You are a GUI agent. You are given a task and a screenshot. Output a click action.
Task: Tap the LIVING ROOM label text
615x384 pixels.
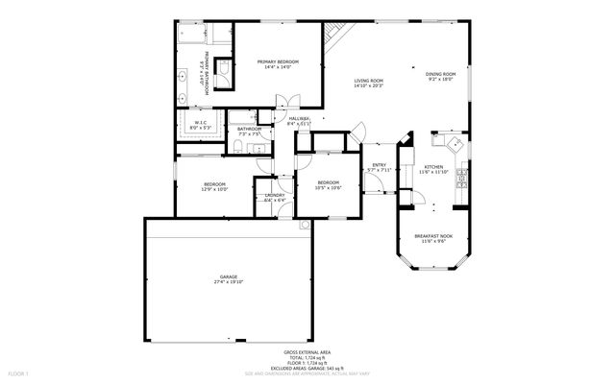pyautogui.click(x=368, y=81)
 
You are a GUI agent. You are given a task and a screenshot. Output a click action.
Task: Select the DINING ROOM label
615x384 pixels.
pyautogui.click(x=440, y=73)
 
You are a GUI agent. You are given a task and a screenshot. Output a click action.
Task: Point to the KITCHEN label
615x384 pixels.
pyautogui.click(x=434, y=167)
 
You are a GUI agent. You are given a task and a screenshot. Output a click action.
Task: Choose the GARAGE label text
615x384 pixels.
pyautogui.click(x=229, y=277)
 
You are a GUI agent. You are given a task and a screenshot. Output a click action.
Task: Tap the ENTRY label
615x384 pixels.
pyautogui.click(x=379, y=165)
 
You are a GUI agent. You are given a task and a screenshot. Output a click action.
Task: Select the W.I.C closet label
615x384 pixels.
pyautogui.click(x=200, y=123)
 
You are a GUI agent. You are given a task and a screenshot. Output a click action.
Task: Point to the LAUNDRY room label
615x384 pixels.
pyautogui.click(x=274, y=195)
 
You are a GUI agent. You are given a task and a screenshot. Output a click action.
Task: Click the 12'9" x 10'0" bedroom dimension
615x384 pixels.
pyautogui.click(x=214, y=189)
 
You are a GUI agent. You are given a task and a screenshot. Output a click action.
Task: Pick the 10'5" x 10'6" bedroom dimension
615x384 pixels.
pyautogui.click(x=329, y=187)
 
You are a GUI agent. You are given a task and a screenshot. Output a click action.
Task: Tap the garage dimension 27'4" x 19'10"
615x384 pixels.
pyautogui.click(x=229, y=283)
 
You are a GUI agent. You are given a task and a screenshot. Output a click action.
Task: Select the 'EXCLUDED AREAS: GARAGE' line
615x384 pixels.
pyautogui.click(x=307, y=368)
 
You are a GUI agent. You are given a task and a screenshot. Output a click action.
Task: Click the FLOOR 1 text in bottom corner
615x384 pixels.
pyautogui.click(x=19, y=372)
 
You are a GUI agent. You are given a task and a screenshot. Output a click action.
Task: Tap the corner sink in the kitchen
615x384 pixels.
pyautogui.click(x=447, y=142)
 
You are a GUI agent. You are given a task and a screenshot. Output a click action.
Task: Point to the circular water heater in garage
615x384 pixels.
pyautogui.click(x=305, y=226)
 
